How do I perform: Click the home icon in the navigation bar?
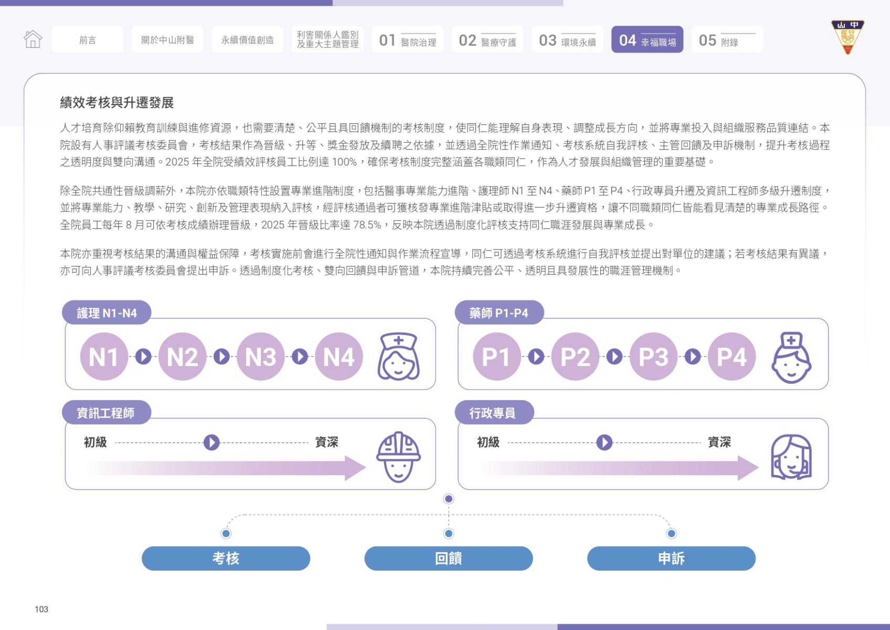click(33, 39)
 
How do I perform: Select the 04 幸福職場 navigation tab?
click(647, 39)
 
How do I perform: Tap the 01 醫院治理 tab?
click(407, 39)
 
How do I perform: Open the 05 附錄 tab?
click(727, 39)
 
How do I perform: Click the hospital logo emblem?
click(847, 37)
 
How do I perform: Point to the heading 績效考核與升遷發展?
click(117, 102)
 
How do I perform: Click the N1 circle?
click(104, 356)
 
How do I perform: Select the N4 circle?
click(338, 356)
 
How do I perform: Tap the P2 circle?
click(575, 356)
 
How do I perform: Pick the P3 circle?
click(653, 356)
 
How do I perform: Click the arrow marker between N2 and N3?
click(221, 356)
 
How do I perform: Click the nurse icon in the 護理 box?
click(398, 356)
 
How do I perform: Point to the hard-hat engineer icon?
click(398, 457)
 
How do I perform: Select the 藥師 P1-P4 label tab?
click(499, 312)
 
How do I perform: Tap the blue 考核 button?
click(226, 558)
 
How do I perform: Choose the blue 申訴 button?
click(671, 558)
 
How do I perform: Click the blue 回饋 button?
click(449, 558)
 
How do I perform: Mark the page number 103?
click(41, 609)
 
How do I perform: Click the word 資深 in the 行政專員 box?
click(719, 442)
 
